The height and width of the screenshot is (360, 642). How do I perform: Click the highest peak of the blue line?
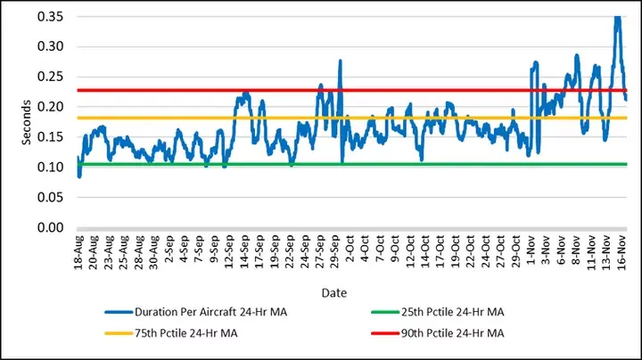click(616, 18)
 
